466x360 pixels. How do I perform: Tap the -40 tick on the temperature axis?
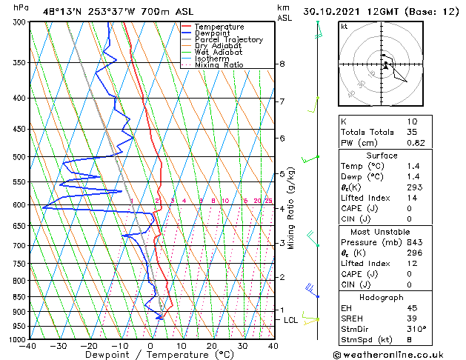[x=29, y=346]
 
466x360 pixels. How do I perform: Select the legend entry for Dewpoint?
[x=213, y=33]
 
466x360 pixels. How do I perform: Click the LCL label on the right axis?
[x=290, y=320]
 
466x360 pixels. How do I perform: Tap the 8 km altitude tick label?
[x=282, y=64]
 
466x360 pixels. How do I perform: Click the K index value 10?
[x=412, y=121]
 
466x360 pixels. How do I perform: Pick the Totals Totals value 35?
[x=412, y=132]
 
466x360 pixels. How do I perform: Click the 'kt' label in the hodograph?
[x=344, y=27]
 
